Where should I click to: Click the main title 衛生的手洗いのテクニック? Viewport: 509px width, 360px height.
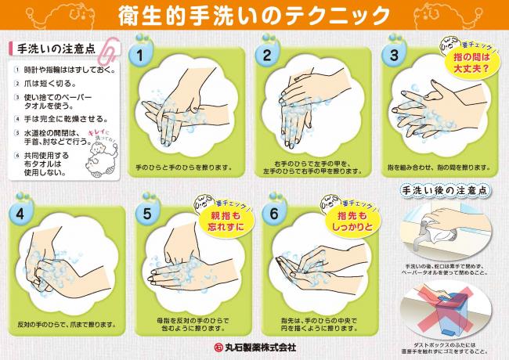click(254, 15)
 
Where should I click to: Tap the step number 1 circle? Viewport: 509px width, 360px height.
click(140, 56)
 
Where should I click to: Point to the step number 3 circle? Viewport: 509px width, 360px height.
click(394, 56)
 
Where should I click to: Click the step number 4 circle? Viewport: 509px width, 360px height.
click(20, 214)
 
